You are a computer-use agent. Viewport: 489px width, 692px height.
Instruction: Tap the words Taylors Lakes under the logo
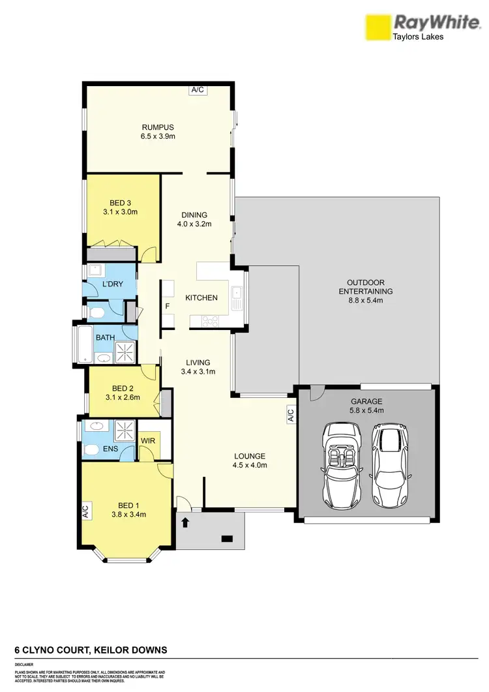coord(418,37)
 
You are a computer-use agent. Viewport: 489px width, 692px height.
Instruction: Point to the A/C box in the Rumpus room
coord(198,91)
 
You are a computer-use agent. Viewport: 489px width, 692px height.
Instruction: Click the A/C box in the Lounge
coord(291,414)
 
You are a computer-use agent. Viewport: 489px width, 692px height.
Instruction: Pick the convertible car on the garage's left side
coord(342,464)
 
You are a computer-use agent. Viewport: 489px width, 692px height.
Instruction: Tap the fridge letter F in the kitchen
coord(168,306)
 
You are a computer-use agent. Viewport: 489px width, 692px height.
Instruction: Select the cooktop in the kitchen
coord(211,320)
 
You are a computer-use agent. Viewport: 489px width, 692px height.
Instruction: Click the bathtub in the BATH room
coord(84,344)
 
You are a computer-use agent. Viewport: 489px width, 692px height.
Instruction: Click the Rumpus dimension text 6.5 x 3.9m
coord(159,137)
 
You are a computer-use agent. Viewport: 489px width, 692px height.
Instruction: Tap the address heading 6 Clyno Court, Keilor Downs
coord(91,650)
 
